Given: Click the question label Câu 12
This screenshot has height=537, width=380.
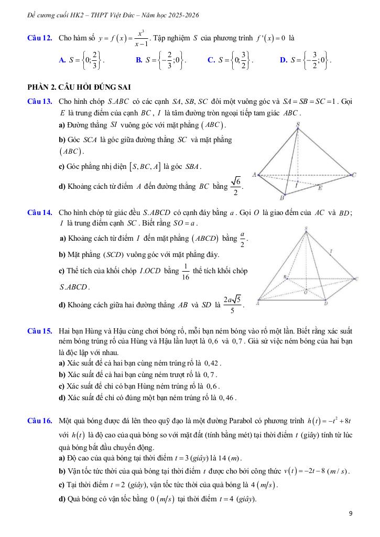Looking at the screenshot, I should pyautogui.click(x=39, y=39).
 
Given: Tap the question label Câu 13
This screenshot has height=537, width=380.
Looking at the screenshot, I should pyautogui.click(x=39, y=100).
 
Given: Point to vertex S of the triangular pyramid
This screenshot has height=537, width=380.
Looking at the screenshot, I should pyautogui.click(x=298, y=125).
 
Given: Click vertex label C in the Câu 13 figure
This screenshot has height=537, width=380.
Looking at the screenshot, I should pyautogui.click(x=354, y=175).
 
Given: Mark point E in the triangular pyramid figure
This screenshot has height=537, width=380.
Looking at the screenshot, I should pyautogui.click(x=321, y=187).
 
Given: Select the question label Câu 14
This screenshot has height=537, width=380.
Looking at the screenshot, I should pyautogui.click(x=39, y=212).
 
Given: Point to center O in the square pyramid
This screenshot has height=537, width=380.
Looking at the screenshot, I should pyautogui.click(x=307, y=293).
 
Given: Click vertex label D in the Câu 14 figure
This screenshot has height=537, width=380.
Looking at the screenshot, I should pyautogui.click(x=325, y=303).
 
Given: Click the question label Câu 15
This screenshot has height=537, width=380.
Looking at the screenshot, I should pyautogui.click(x=39, y=331).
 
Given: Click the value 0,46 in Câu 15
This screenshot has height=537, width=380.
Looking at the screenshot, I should pyautogui.click(x=227, y=398).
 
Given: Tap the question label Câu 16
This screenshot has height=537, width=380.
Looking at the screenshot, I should pyautogui.click(x=39, y=421).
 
